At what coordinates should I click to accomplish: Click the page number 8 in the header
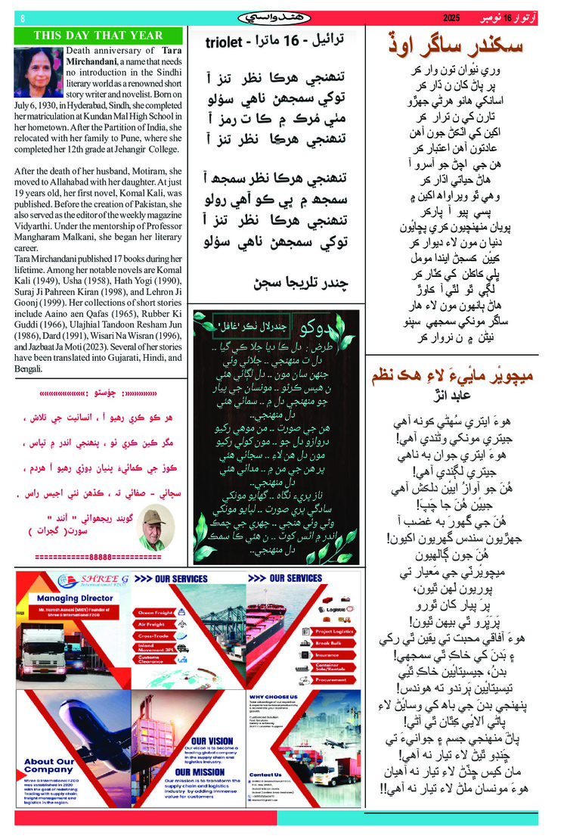tap(23, 18)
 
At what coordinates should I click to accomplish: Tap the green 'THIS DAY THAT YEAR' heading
tap(98, 35)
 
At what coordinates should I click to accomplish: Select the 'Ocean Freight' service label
tap(156, 613)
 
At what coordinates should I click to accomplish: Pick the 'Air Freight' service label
tap(152, 624)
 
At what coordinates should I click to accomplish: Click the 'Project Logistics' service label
tap(333, 631)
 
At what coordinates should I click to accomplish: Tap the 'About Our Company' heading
tap(49, 766)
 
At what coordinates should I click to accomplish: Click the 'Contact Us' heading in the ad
tap(265, 774)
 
